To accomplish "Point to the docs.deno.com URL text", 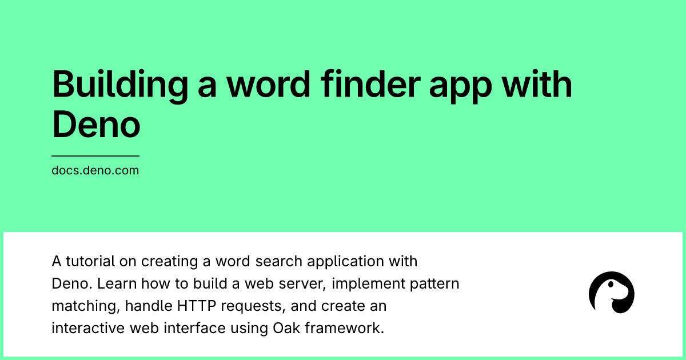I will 95,170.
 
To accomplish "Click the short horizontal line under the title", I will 95,155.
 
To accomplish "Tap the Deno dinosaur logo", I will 611,292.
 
